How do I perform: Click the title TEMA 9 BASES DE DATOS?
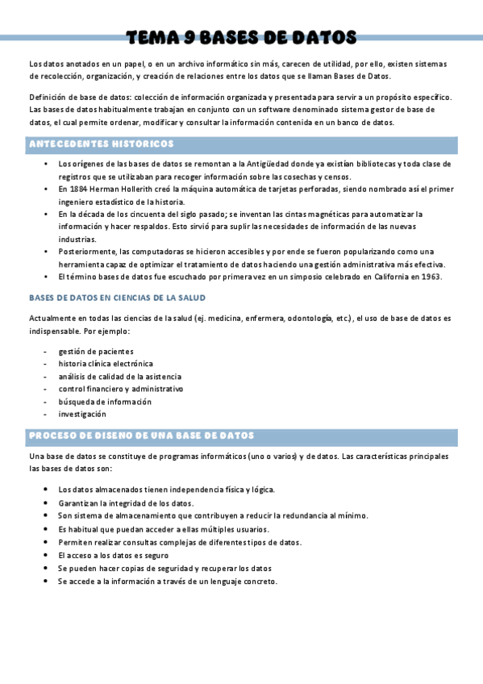click(x=241, y=37)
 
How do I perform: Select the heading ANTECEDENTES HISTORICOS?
click(x=101, y=144)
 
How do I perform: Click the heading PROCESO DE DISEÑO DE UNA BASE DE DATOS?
click(x=142, y=436)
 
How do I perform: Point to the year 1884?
click(x=77, y=189)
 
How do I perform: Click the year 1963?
click(x=430, y=277)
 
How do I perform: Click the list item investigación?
click(x=81, y=414)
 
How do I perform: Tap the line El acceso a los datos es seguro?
click(x=113, y=556)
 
